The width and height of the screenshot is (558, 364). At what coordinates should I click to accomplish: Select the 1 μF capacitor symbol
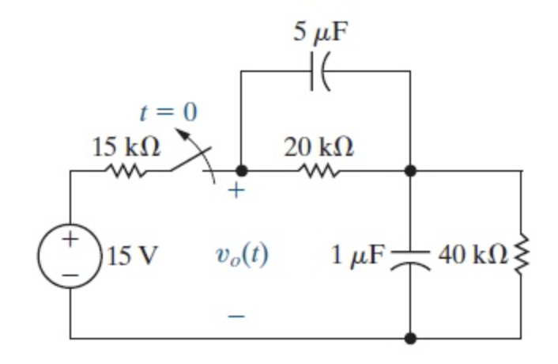tap(410, 256)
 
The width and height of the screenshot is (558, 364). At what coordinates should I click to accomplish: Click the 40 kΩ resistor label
tap(475, 255)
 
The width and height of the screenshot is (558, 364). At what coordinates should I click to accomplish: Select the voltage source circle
tap(71, 256)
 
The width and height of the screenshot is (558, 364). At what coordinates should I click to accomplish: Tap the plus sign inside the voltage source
tap(71, 239)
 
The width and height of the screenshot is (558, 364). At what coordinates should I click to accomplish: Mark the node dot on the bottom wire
tap(410, 339)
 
